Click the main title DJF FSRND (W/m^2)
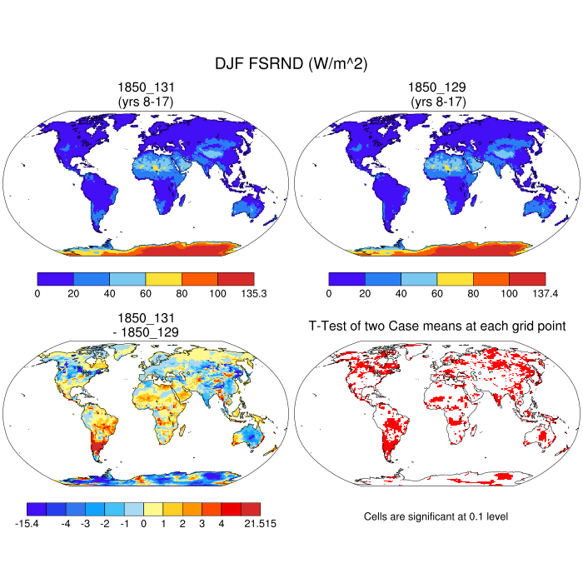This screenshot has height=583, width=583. point(291,63)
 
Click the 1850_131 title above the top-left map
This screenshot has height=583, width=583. point(146,87)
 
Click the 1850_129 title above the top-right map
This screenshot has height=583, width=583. point(437,87)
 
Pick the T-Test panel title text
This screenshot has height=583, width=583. point(437,326)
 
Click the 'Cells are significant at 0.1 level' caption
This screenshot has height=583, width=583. point(436,516)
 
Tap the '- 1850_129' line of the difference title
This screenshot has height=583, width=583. point(146,331)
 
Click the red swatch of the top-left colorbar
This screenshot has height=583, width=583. point(236,278)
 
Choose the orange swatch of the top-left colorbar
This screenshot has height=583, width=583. point(200,278)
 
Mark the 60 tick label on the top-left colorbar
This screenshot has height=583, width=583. point(146,293)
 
